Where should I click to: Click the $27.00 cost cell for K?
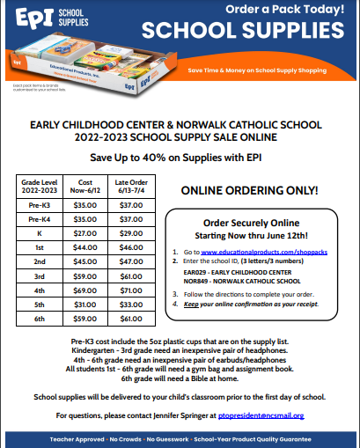pos(86,233)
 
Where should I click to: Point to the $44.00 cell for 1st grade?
pos(86,247)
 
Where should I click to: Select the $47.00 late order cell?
pos(129,261)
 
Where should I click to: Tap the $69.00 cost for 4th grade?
pos(86,290)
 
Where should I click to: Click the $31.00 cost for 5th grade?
pos(86,304)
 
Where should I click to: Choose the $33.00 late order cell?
pos(129,304)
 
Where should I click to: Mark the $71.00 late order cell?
pos(129,290)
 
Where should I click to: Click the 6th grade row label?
pos(40,318)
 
